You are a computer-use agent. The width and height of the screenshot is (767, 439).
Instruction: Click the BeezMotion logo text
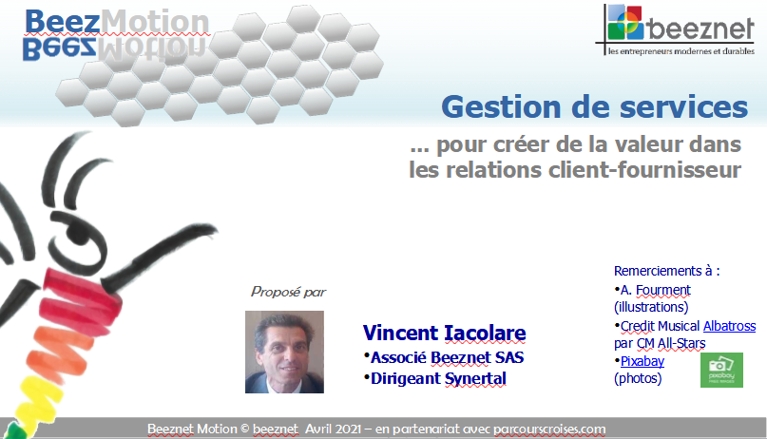click(117, 22)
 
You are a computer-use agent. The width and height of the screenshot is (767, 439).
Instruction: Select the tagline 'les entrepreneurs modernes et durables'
click(681, 51)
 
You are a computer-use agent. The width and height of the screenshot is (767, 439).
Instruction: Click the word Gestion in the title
click(501, 107)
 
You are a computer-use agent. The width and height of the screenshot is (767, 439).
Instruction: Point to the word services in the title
click(684, 107)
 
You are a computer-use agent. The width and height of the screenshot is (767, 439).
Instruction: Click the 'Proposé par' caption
click(288, 292)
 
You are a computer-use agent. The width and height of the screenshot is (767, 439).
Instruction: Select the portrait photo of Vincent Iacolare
click(284, 352)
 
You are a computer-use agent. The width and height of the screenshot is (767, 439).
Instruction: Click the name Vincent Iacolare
click(444, 333)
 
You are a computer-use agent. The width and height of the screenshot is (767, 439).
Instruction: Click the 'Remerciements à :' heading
click(666, 271)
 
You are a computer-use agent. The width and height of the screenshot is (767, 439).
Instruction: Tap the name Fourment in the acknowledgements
click(663, 290)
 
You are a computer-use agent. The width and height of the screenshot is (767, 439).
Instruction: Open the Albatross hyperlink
click(729, 326)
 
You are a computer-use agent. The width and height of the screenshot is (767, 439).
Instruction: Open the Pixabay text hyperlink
click(642, 361)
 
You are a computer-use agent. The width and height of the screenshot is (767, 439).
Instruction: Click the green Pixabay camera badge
click(721, 370)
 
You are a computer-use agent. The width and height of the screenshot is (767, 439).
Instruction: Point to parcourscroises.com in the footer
click(549, 429)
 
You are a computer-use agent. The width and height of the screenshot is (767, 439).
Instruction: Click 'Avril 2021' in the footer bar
click(333, 429)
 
